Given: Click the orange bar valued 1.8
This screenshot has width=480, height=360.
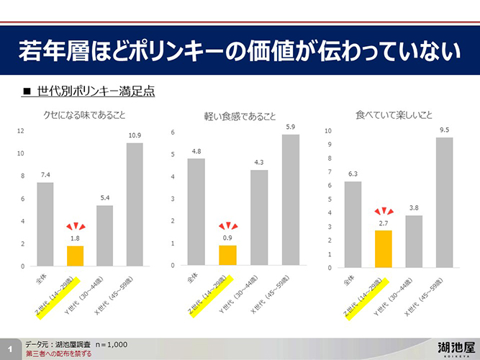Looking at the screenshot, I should coord(75,256).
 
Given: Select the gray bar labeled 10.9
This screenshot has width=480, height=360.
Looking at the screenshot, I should coord(135,204).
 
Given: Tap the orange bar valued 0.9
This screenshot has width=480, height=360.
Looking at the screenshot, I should coord(227,256).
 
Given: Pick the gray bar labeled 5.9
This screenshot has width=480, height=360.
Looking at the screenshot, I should coord(291,200).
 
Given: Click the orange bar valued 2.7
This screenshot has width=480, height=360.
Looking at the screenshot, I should coord(383,248).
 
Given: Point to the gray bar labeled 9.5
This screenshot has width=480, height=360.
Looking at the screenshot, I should coord(444,202).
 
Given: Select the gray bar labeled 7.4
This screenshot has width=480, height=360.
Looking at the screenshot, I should coord(45,224).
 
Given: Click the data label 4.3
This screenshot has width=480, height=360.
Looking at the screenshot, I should coord(259,162).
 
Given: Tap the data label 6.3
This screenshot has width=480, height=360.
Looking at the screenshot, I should coord(353,174).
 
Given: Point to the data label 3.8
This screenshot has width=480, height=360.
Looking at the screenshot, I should coord(413,207).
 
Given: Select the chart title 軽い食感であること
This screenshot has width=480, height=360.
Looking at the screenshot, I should coord(240,117).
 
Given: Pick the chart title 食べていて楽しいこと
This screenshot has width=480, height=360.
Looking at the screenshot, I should coord(394,114).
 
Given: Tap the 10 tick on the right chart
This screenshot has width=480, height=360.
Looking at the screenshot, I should coord(327,131).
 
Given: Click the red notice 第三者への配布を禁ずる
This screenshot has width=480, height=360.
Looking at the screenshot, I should coord(58,354).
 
